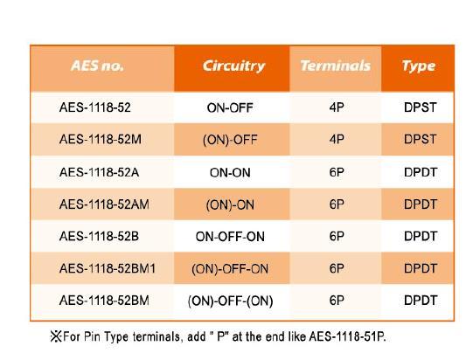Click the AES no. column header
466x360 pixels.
97,66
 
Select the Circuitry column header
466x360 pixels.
233,66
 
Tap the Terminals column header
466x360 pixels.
336,66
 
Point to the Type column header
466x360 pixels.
419,66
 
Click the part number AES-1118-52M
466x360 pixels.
101,139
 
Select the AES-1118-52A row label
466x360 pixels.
99,172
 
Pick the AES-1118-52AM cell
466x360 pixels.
104,204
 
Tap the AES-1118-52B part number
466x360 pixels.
99,237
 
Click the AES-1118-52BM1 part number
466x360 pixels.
108,268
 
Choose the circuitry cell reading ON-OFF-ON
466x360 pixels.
230,237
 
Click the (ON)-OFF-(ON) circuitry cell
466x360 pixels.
230,301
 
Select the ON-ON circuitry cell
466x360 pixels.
230,173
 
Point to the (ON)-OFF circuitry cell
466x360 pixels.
230,140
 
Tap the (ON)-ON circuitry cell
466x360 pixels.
230,205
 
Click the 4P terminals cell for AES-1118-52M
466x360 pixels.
337,139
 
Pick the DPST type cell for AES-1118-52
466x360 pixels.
421,107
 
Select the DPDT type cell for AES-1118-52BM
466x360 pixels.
421,301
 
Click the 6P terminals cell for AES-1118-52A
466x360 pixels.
337,172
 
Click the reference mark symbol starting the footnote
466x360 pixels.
56,336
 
